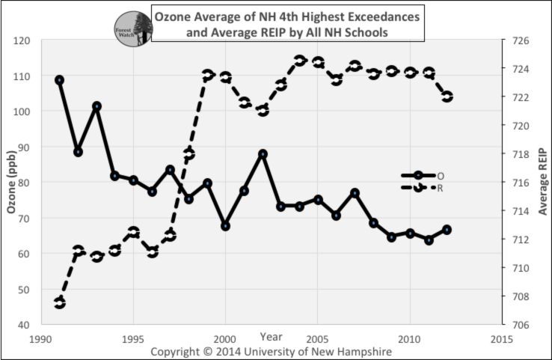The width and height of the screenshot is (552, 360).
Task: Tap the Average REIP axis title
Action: (x=543, y=183)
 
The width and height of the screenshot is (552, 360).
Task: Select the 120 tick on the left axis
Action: (x=22, y=40)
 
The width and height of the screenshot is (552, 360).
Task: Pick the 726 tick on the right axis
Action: (x=521, y=40)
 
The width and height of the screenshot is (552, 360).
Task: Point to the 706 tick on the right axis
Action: (x=521, y=325)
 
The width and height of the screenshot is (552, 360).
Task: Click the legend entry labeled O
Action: (x=441, y=176)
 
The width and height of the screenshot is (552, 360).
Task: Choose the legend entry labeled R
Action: (x=441, y=187)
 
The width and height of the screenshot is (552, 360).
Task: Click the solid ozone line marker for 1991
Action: (x=60, y=80)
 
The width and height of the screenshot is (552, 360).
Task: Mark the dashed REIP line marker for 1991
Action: (x=60, y=302)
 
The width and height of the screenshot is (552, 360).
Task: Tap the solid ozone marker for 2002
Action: (x=263, y=153)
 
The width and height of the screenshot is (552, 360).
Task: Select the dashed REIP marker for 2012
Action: (x=447, y=97)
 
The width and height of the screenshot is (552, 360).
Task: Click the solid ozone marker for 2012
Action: (x=447, y=230)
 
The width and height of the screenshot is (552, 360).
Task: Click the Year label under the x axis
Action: (x=272, y=335)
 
